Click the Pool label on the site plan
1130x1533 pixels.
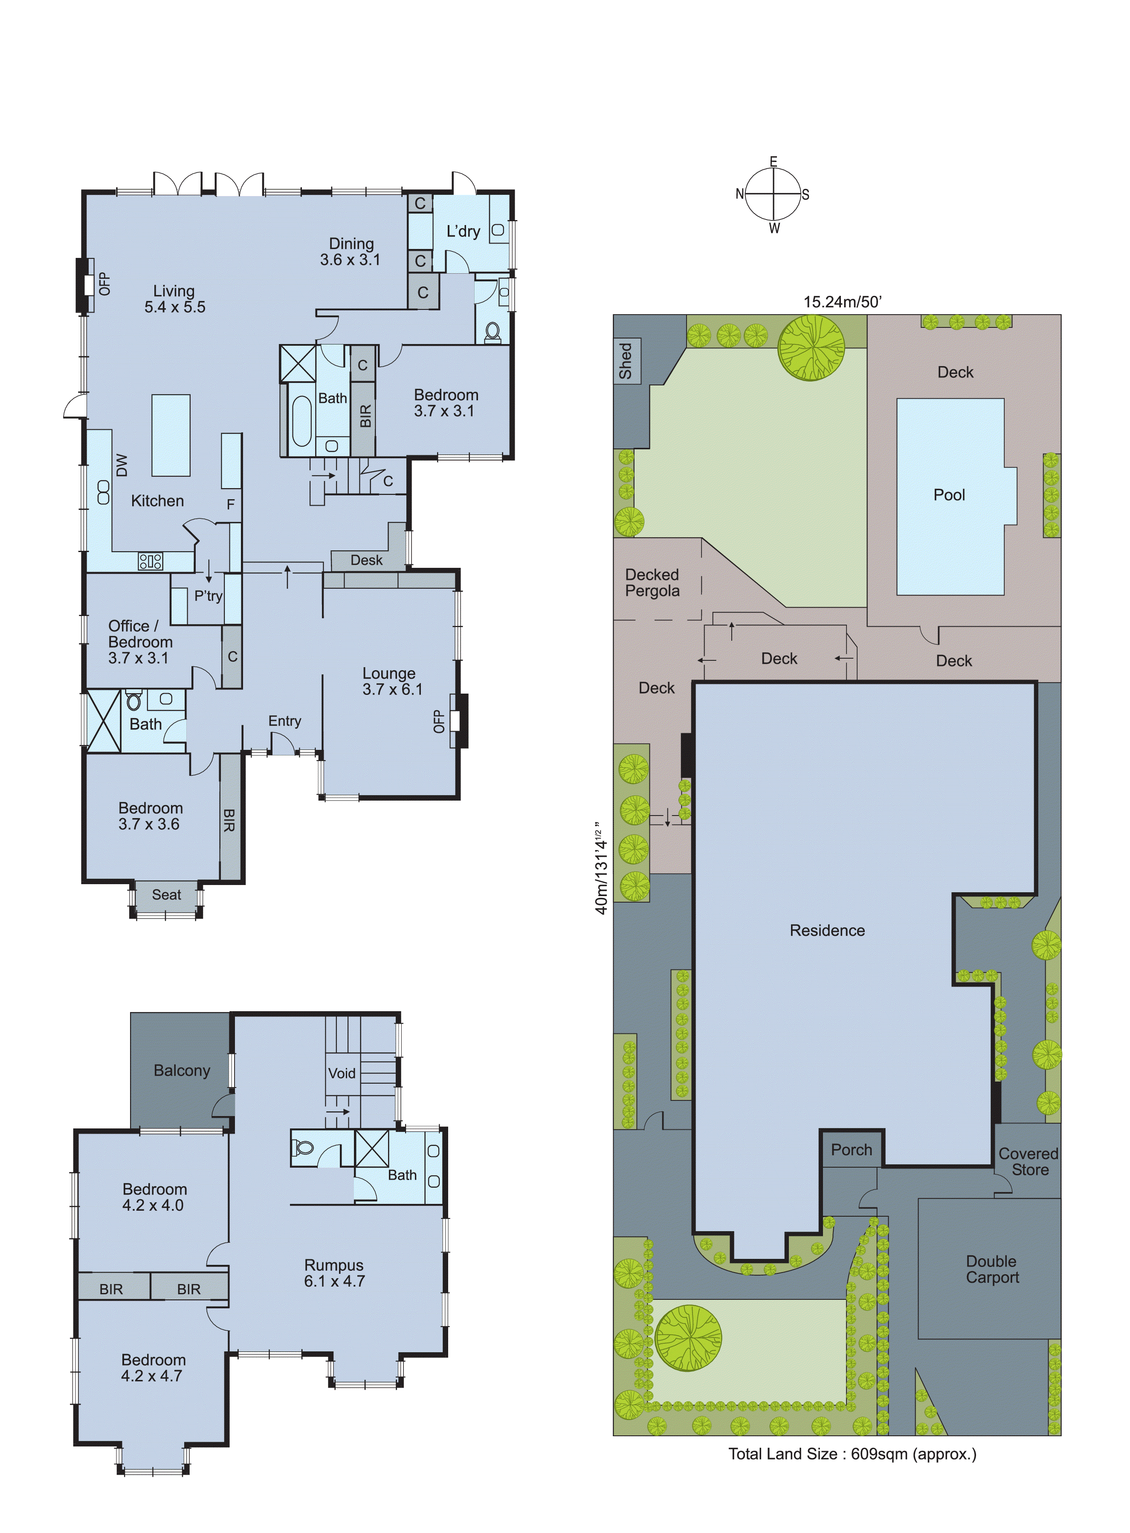point(949,495)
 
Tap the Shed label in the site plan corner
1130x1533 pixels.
point(625,361)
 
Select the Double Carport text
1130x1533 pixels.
point(992,1269)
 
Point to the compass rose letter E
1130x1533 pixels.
point(774,162)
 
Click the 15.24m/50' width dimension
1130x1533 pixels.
point(843,301)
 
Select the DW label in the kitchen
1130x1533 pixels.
point(122,465)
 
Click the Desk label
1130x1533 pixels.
point(367,560)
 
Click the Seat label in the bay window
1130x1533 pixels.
point(166,894)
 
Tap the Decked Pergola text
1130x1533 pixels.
point(652,583)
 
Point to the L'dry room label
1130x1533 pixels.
point(463,231)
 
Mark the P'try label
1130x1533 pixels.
point(208,596)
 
